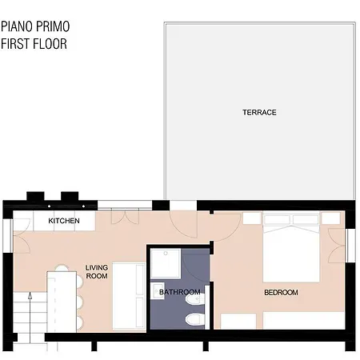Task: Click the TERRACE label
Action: [x=259, y=112]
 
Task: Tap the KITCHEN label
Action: [x=64, y=221]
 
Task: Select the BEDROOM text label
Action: [x=281, y=293]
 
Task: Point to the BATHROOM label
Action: [x=180, y=292]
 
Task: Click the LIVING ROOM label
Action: [x=97, y=272]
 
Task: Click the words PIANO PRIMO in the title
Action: [x=35, y=26]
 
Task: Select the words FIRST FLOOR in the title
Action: [x=34, y=44]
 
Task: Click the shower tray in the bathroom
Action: [x=166, y=263]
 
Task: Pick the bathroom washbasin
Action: [x=157, y=290]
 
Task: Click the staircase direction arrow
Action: [x=30, y=318]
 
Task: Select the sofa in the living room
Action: [x=129, y=297]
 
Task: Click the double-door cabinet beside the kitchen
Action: [x=125, y=217]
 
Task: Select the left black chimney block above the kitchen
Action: [x=35, y=196]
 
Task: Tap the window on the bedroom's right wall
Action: [x=350, y=246]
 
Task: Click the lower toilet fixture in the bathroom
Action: [x=195, y=319]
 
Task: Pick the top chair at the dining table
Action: [x=62, y=268]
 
